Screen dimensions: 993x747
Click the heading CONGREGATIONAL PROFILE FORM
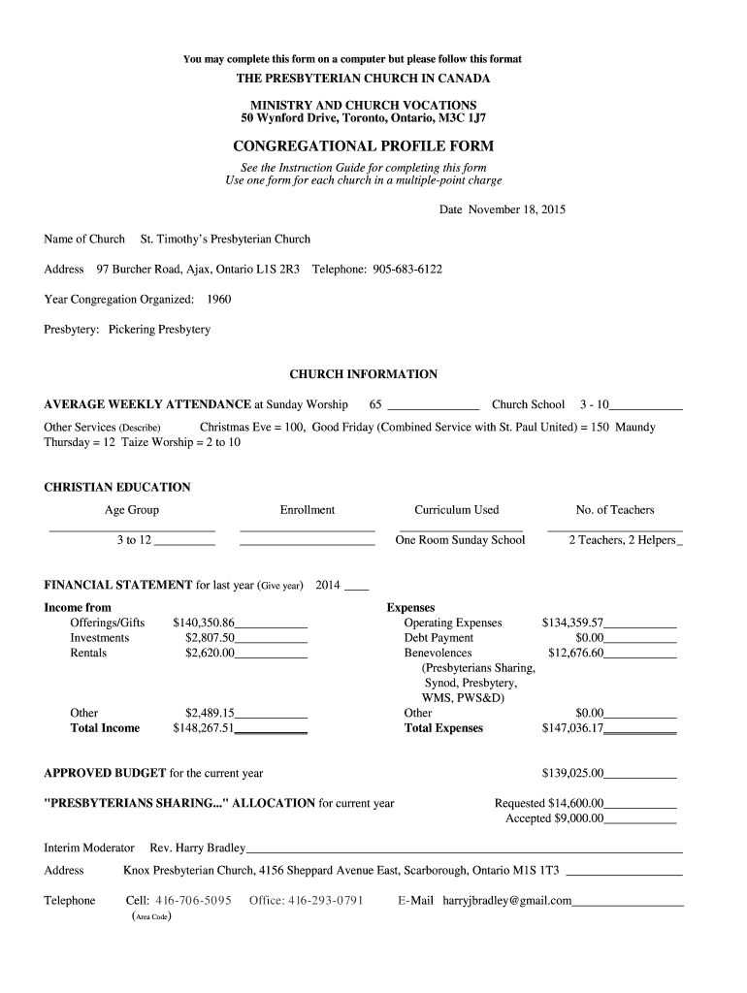click(x=363, y=146)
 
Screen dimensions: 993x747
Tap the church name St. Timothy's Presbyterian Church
click(x=226, y=240)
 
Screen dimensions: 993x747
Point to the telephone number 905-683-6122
click(x=407, y=269)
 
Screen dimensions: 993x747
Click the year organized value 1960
click(x=219, y=300)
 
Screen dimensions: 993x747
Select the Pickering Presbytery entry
click(x=159, y=330)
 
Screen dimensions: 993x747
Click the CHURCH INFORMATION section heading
click(x=364, y=374)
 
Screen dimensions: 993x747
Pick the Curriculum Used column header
click(x=457, y=510)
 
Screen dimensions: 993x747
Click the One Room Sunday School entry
click(x=460, y=540)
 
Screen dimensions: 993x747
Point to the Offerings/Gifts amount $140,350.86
click(x=204, y=623)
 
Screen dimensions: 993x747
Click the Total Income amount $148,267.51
click(x=204, y=728)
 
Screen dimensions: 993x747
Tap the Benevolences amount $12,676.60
click(x=575, y=653)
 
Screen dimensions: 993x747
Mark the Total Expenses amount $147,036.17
click(x=572, y=728)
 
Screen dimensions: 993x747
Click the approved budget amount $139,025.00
click(x=572, y=774)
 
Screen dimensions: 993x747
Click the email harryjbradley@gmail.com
click(x=507, y=901)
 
